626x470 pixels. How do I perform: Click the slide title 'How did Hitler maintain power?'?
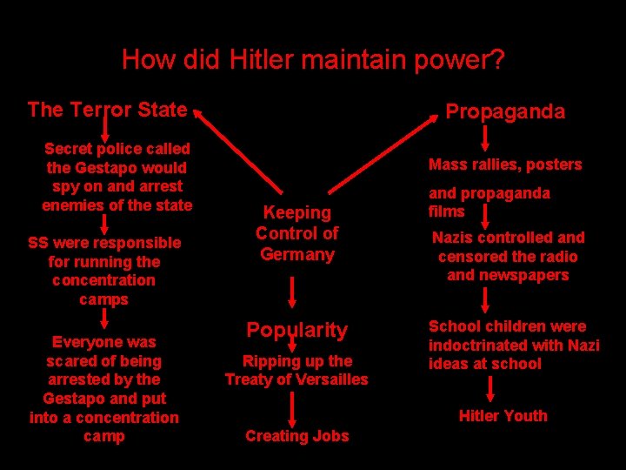point(313,60)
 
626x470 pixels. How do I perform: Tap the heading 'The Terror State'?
point(107,110)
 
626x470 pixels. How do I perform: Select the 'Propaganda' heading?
point(504,111)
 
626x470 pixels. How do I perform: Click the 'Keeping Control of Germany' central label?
point(296,233)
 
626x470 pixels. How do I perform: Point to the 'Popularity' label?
point(296,330)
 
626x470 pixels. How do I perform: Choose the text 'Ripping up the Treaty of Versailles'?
point(296,370)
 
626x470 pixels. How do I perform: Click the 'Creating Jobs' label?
point(296,436)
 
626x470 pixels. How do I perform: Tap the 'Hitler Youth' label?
point(503,416)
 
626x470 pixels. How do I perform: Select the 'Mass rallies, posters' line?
point(505,164)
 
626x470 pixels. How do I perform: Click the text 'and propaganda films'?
point(489,202)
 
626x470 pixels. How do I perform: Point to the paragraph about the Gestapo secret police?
point(117,177)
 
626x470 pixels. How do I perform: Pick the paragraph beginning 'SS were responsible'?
point(103,271)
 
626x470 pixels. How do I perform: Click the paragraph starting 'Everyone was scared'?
point(103,388)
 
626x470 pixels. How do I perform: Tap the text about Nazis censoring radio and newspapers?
point(508,256)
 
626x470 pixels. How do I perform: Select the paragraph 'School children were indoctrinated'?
point(513,345)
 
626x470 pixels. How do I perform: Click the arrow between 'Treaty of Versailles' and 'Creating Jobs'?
point(294,407)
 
